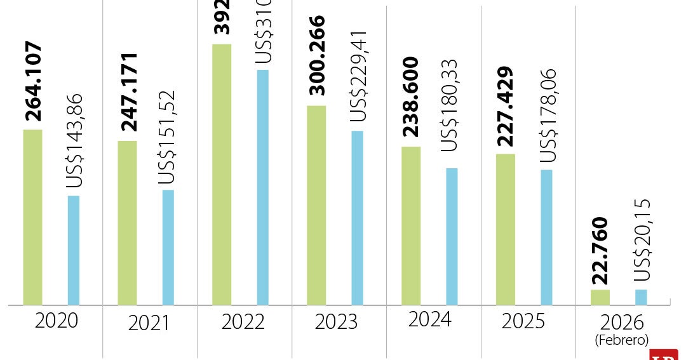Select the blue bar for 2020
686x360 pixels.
[x=74, y=250]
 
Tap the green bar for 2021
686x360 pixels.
[x=127, y=223]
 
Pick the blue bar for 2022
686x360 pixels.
[x=262, y=187]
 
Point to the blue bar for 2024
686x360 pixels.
[x=452, y=236]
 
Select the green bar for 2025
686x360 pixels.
[x=506, y=229]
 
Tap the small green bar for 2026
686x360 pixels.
[x=600, y=297]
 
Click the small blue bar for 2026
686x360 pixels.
[x=641, y=297]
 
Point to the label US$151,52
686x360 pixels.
[x=166, y=137]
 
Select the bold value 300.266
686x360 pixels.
[x=316, y=57]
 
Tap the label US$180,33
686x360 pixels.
[x=449, y=104]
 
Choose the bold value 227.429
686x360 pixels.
[x=506, y=105]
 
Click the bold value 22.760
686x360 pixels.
[x=600, y=251]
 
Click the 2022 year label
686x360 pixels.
[x=243, y=322]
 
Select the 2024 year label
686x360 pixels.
[x=430, y=319]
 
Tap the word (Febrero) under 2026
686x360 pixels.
[x=621, y=340]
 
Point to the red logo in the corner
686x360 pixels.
[x=664, y=355]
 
